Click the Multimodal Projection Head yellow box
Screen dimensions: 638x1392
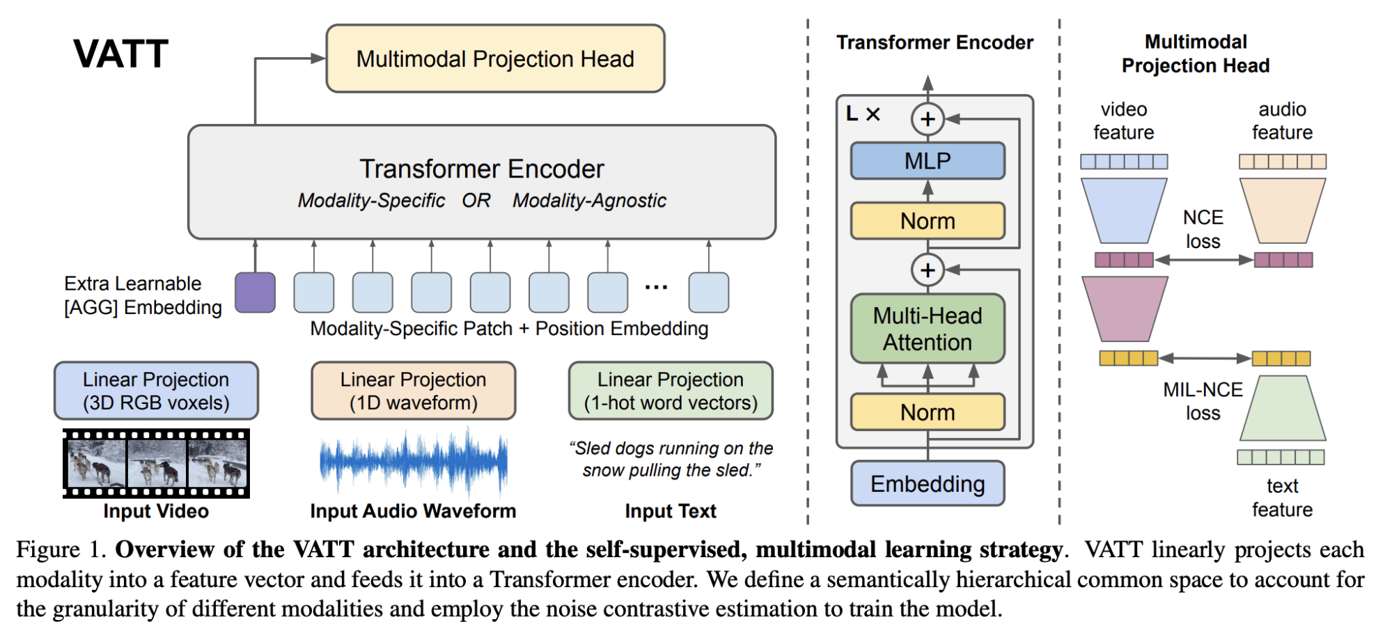tap(495, 59)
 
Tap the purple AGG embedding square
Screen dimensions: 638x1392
tap(255, 293)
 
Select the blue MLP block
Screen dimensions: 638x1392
tap(928, 161)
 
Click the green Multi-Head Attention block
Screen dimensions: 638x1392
tap(928, 329)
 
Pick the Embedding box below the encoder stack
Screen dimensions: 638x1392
tap(928, 483)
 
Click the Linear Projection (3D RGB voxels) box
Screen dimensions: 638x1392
tap(156, 391)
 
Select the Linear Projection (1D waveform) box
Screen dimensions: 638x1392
tap(413, 391)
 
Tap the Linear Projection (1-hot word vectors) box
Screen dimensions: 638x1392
tap(671, 391)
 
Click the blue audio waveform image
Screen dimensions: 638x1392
tap(413, 462)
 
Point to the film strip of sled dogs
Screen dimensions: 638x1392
tap(156, 463)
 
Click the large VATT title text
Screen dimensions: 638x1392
tap(120, 54)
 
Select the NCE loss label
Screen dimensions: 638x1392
tap(1203, 229)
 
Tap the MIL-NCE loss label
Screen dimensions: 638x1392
tap(1203, 401)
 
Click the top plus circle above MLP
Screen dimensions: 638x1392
tap(928, 119)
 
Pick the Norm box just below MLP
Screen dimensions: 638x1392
tap(928, 221)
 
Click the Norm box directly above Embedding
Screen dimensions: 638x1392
tap(928, 412)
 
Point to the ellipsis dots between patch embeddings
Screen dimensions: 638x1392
tap(656, 287)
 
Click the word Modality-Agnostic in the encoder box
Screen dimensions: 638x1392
tap(589, 201)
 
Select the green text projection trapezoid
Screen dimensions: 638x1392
tap(1283, 409)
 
